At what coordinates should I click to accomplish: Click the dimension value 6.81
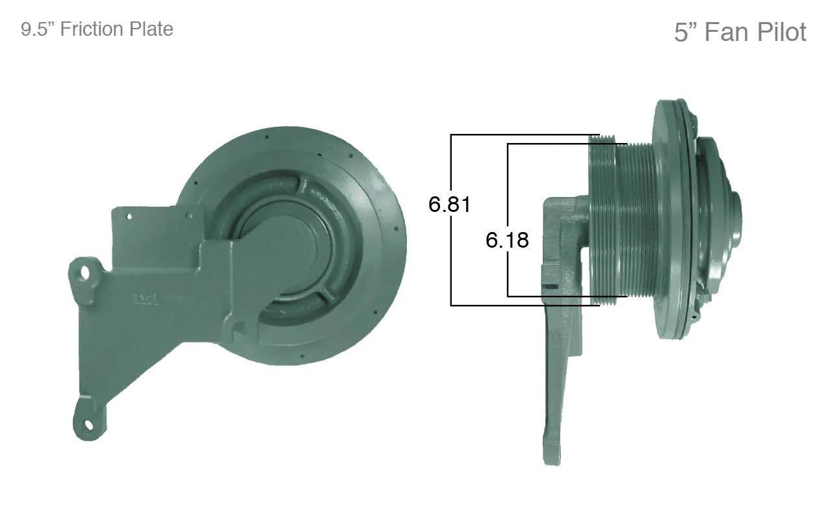[x=449, y=204]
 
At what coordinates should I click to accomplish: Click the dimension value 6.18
[x=507, y=240]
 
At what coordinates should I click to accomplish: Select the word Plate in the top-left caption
[x=151, y=29]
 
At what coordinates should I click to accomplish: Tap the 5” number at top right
[x=686, y=32]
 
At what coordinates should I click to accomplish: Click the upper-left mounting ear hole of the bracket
[x=85, y=273]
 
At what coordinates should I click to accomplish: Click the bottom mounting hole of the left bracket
[x=89, y=424]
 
